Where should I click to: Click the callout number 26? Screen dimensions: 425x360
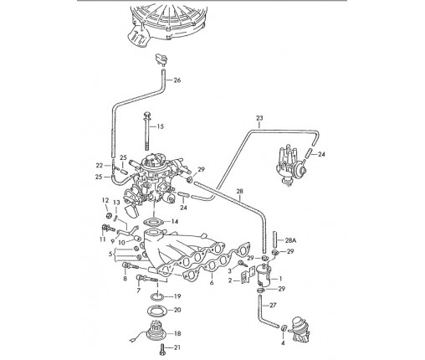pos(177,80)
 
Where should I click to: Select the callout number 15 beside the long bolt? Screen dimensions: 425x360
pos(160,126)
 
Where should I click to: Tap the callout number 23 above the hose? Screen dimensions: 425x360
pos(259,118)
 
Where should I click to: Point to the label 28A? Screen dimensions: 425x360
pos(290,240)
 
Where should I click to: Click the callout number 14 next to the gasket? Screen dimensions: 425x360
pos(174,222)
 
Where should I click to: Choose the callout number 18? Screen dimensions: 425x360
pos(177,333)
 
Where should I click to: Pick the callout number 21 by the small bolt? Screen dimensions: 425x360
pos(177,347)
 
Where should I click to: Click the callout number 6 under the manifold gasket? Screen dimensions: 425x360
pos(212,283)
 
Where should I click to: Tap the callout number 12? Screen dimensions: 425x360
pos(105,200)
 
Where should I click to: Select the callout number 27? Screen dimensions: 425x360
pos(273,306)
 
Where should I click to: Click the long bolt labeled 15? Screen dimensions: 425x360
pos(147,131)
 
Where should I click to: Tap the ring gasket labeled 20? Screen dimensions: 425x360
pos(157,311)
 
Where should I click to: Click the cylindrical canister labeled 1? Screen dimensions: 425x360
pos(264,275)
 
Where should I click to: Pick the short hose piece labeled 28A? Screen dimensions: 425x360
pos(274,239)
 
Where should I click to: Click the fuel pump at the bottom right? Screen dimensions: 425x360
pos(300,329)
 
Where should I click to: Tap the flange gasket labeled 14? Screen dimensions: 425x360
pos(153,223)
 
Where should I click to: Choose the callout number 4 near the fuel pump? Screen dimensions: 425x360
pos(283,343)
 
